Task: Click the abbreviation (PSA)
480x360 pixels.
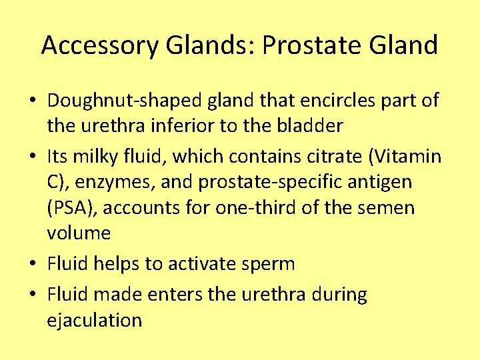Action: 73,208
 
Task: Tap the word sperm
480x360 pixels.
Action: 271,264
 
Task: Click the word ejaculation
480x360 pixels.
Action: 95,320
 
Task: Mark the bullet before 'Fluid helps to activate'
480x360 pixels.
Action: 32,265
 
